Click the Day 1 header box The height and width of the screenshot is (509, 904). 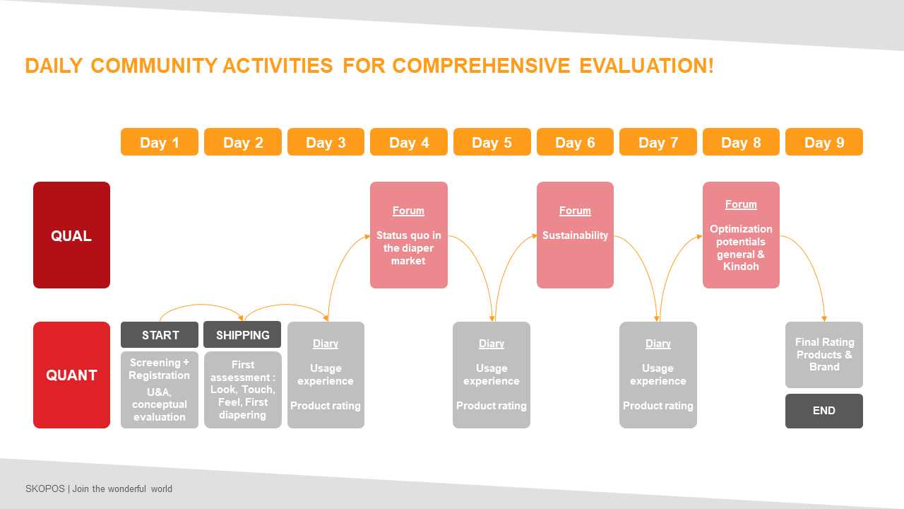[x=160, y=142]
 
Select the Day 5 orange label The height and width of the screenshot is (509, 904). [x=492, y=142]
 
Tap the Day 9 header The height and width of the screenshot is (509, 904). [x=824, y=142]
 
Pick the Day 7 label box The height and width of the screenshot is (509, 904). [x=658, y=142]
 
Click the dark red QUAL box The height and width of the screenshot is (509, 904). [x=71, y=235]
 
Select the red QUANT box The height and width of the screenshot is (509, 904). [x=71, y=375]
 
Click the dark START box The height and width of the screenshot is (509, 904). [x=160, y=335]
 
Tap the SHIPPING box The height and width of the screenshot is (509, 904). [x=242, y=334]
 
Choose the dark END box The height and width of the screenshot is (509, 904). [x=824, y=411]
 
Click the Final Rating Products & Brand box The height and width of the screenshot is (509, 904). [x=824, y=355]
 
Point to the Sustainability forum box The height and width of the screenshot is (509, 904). [x=575, y=235]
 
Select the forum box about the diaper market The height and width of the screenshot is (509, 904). [x=409, y=235]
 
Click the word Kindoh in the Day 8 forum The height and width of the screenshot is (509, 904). [x=741, y=267]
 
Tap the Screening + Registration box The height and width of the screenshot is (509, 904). [x=160, y=390]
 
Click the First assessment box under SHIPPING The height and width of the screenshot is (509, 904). [x=242, y=390]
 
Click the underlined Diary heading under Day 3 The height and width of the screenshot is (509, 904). [x=326, y=344]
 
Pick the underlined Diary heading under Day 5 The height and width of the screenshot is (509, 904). [x=492, y=344]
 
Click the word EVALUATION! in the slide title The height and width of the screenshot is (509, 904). [x=646, y=66]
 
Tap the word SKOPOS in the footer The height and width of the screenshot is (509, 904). [x=44, y=488]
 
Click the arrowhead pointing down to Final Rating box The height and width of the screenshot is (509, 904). [x=824, y=319]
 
